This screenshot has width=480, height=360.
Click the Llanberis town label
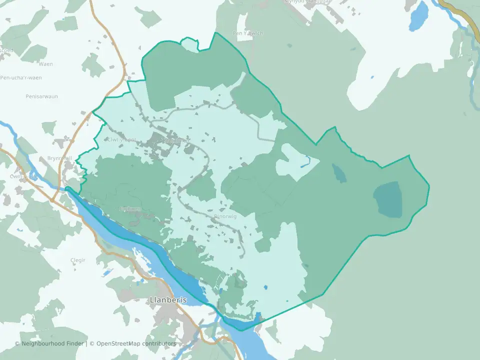(x=168, y=300)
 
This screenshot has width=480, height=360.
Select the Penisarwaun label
(x=40, y=95)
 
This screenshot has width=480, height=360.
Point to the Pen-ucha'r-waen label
(x=21, y=77)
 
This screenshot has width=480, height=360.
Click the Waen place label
(x=45, y=64)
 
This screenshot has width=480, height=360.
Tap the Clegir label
(x=78, y=260)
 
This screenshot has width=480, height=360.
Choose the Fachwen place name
(x=131, y=209)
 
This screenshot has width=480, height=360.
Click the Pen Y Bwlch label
(x=247, y=33)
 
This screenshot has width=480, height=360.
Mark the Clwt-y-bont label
(x=121, y=140)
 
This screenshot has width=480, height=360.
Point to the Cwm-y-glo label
(x=23, y=176)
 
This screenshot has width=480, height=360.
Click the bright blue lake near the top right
(x=419, y=16)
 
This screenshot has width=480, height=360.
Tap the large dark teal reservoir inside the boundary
(x=388, y=199)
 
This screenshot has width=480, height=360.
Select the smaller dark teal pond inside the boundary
(x=339, y=173)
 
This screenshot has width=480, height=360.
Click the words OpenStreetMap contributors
(x=136, y=343)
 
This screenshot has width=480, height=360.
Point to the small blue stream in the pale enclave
(x=306, y=162)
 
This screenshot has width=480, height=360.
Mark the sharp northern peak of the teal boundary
(x=215, y=33)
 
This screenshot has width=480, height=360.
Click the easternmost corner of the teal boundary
(x=429, y=187)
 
